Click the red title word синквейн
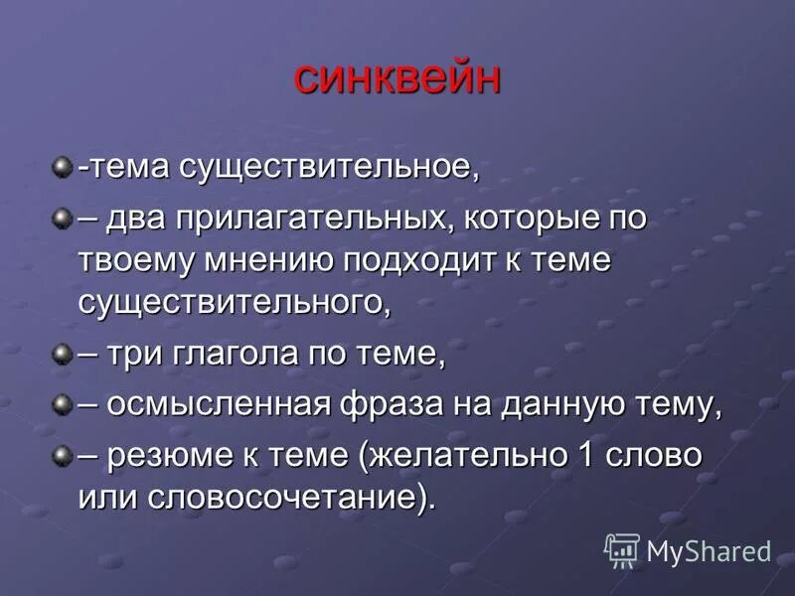(x=397, y=78)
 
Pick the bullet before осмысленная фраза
(x=64, y=403)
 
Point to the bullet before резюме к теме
(x=64, y=454)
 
